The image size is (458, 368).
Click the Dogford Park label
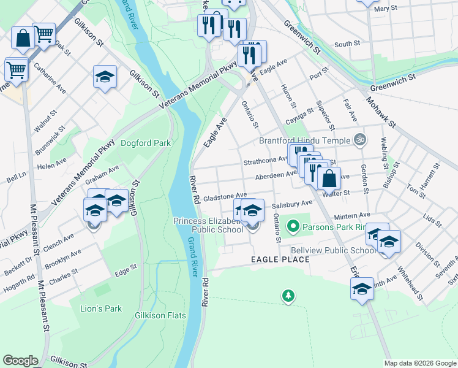(x=145, y=144)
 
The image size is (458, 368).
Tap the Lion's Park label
(x=101, y=309)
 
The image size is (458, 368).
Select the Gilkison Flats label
(x=160, y=315)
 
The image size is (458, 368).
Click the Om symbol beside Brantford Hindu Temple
(x=359, y=139)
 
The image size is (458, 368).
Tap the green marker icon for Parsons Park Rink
(x=293, y=226)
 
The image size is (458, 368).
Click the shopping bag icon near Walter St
(x=329, y=178)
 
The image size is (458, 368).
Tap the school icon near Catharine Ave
(x=105, y=77)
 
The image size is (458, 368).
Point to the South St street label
(x=347, y=44)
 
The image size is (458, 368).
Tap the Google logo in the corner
(x=21, y=361)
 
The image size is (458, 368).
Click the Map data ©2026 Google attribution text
(x=419, y=363)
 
